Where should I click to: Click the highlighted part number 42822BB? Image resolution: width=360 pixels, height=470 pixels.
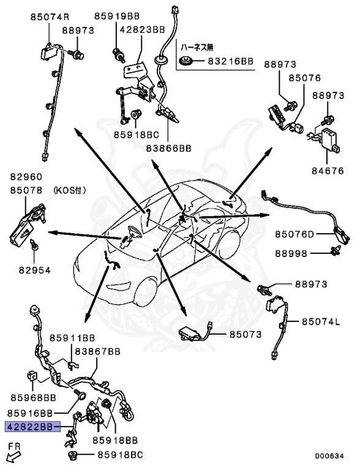point(33,427)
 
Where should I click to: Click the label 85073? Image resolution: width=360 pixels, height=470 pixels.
point(246,334)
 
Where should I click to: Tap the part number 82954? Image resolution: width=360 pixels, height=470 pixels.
point(34,270)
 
